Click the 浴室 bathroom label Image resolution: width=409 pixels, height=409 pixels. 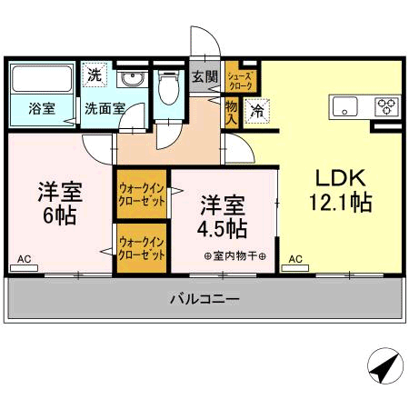pos(41,108)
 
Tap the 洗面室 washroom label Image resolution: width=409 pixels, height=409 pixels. pos(104,108)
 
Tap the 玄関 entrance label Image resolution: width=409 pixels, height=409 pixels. pos(204,77)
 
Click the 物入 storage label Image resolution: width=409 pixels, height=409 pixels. pos(231,111)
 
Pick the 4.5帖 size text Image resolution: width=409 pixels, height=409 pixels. pos(223,227)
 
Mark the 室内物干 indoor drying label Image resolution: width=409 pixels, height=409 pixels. pos(234,255)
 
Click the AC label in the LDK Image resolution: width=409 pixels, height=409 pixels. pos(294,259)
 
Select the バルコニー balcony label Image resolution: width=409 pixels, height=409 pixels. pos(204,298)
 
